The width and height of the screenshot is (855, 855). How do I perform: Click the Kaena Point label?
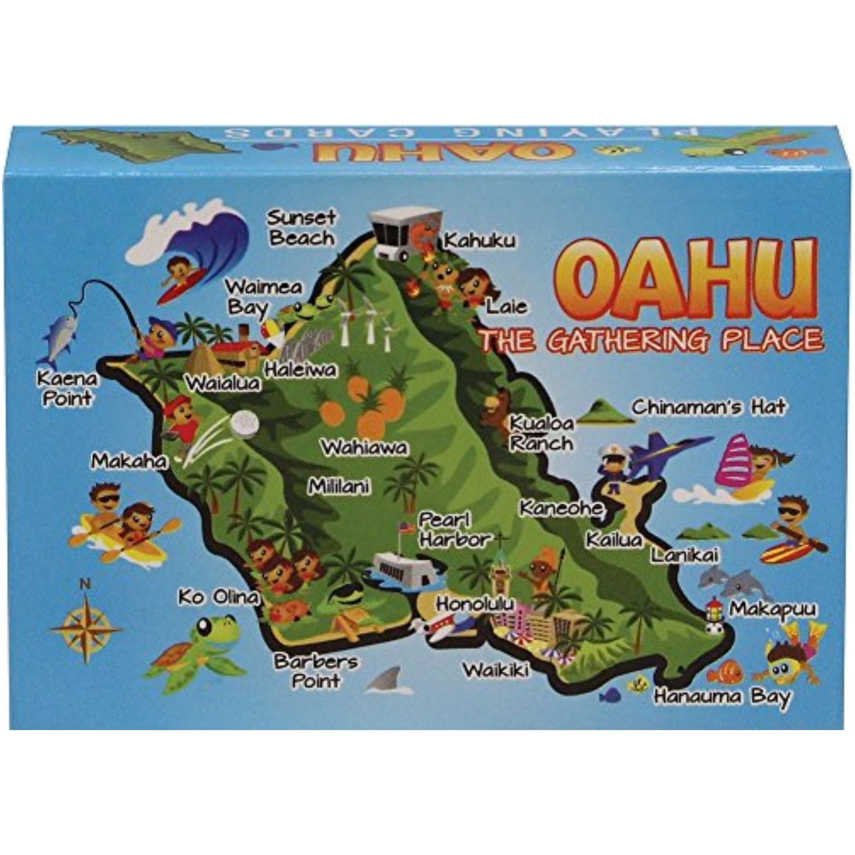point(67,388)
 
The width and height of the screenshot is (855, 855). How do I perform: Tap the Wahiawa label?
point(365,447)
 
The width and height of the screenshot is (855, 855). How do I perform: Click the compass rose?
point(86,627)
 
